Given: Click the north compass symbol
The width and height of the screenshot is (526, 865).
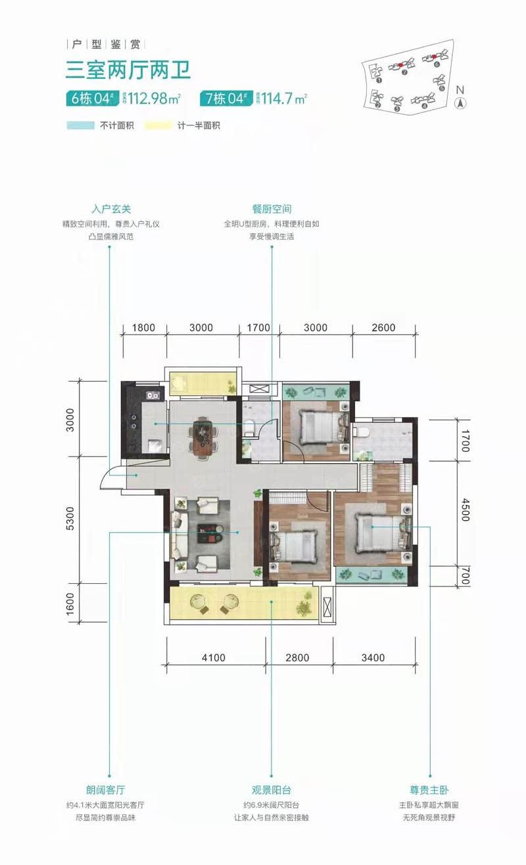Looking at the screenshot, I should [461, 103].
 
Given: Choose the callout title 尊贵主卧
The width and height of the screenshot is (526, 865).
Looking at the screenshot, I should [431, 790].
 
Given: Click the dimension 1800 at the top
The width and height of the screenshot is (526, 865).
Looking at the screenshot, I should [143, 328].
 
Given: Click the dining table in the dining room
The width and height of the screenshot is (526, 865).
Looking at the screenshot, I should [204, 435].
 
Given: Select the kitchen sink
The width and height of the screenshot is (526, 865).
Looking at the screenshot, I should [153, 395].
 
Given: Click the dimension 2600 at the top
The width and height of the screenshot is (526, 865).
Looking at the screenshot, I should [383, 328].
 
